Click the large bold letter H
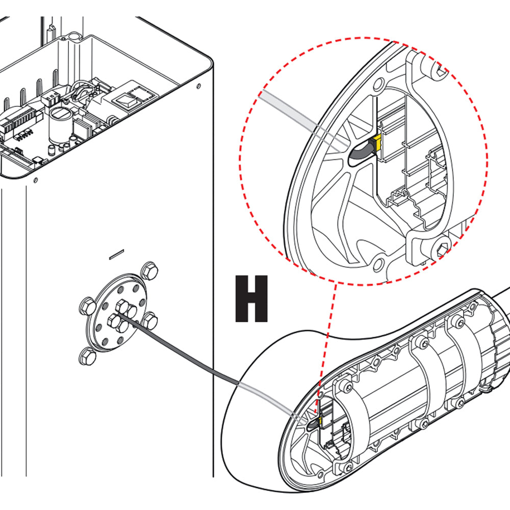(x=251, y=299)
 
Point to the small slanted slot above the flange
(x=117, y=252)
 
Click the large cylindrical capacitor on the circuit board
(x=59, y=123)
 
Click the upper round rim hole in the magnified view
(x=378, y=83)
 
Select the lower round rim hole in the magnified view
(x=378, y=264)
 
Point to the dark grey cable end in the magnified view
(x=360, y=152)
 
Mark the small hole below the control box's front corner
(x=35, y=180)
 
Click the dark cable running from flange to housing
(x=194, y=357)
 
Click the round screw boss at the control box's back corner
(x=74, y=37)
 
